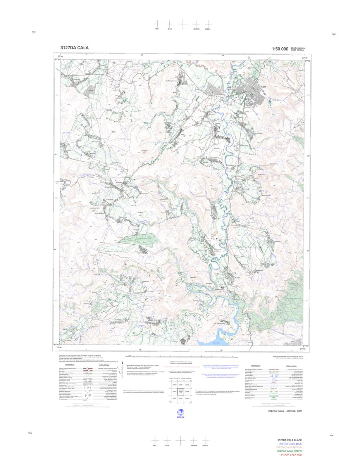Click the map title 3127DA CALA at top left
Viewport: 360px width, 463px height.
[74, 48]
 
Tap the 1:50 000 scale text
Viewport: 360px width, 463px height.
[280, 49]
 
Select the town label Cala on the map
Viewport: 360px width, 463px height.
[264, 86]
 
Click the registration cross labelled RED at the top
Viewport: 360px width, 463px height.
[157, 24]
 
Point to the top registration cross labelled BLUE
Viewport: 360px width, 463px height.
[169, 24]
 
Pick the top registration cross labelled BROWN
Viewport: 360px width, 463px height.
[196, 24]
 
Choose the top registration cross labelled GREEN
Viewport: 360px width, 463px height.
[208, 24]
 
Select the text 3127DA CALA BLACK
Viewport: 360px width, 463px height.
[289, 440]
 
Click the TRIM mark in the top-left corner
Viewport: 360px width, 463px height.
[33, 32]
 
